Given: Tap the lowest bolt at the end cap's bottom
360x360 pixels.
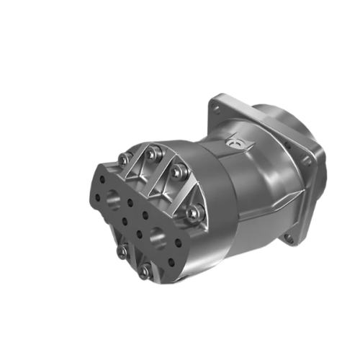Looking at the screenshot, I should [145, 271].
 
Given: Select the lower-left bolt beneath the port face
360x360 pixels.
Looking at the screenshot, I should [120, 251].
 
